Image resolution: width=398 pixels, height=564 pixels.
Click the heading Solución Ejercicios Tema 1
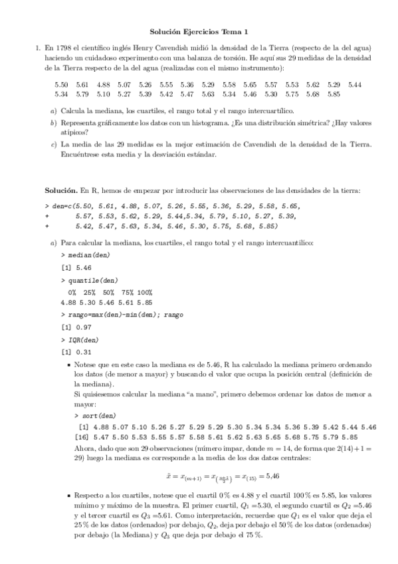(x=199, y=31)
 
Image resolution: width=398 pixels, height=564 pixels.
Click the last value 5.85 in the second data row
(x=334, y=94)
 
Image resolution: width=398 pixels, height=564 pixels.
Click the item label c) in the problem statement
(x=53, y=144)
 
